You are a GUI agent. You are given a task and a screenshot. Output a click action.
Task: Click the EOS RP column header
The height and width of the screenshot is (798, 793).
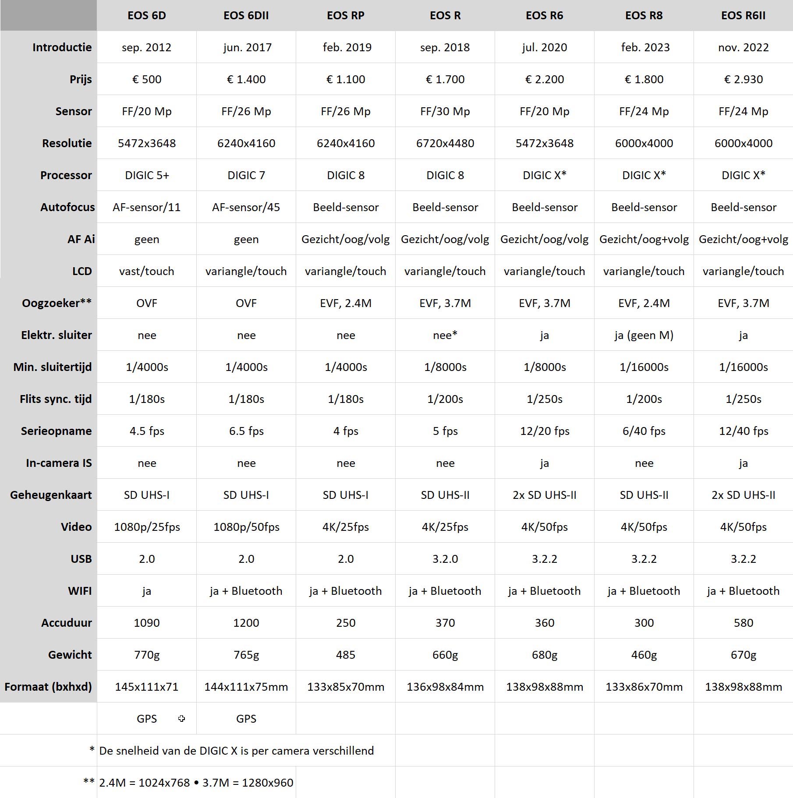click(x=346, y=16)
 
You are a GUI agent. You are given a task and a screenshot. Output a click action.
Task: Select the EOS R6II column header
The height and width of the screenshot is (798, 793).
click(x=743, y=16)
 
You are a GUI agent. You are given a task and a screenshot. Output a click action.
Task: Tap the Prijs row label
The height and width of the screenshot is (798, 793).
click(x=81, y=79)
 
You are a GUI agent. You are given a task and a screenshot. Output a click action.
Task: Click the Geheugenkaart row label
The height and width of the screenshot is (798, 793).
click(x=51, y=495)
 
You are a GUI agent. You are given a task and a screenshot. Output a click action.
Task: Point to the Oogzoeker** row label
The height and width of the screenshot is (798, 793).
click(x=57, y=303)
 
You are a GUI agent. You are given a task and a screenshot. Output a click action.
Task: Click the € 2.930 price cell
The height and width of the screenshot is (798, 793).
click(x=743, y=79)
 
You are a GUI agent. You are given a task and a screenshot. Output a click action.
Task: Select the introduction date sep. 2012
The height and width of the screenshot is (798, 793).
click(x=146, y=47)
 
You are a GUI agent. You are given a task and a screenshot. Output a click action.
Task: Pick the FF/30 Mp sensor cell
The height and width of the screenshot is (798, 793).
click(x=445, y=111)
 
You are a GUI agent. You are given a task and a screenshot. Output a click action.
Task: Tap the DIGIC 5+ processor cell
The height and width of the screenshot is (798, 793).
click(x=147, y=175)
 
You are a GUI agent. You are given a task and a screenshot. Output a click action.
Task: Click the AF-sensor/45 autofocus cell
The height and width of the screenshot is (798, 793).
click(x=246, y=207)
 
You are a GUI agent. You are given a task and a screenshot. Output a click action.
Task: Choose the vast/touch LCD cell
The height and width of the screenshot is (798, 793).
click(x=146, y=271)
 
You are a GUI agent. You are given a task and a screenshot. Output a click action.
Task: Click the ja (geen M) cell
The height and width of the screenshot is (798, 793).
click(x=644, y=335)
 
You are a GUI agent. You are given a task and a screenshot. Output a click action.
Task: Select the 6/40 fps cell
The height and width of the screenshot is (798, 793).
click(x=644, y=431)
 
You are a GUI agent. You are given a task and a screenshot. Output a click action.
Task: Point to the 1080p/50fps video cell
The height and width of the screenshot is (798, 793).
click(x=246, y=527)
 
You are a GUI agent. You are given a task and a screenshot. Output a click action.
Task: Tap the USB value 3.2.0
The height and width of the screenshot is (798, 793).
click(x=445, y=559)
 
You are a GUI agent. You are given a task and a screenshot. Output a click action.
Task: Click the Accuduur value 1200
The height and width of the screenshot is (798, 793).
click(x=246, y=623)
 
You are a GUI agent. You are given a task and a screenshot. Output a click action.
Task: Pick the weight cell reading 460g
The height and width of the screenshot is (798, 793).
click(x=644, y=655)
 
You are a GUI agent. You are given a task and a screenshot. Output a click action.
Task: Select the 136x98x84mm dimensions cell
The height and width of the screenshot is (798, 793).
click(x=445, y=687)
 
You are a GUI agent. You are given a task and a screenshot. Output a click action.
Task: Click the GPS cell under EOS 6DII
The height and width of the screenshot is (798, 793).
click(x=246, y=719)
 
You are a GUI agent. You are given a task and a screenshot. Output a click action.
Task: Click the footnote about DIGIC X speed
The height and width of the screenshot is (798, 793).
click(x=236, y=751)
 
